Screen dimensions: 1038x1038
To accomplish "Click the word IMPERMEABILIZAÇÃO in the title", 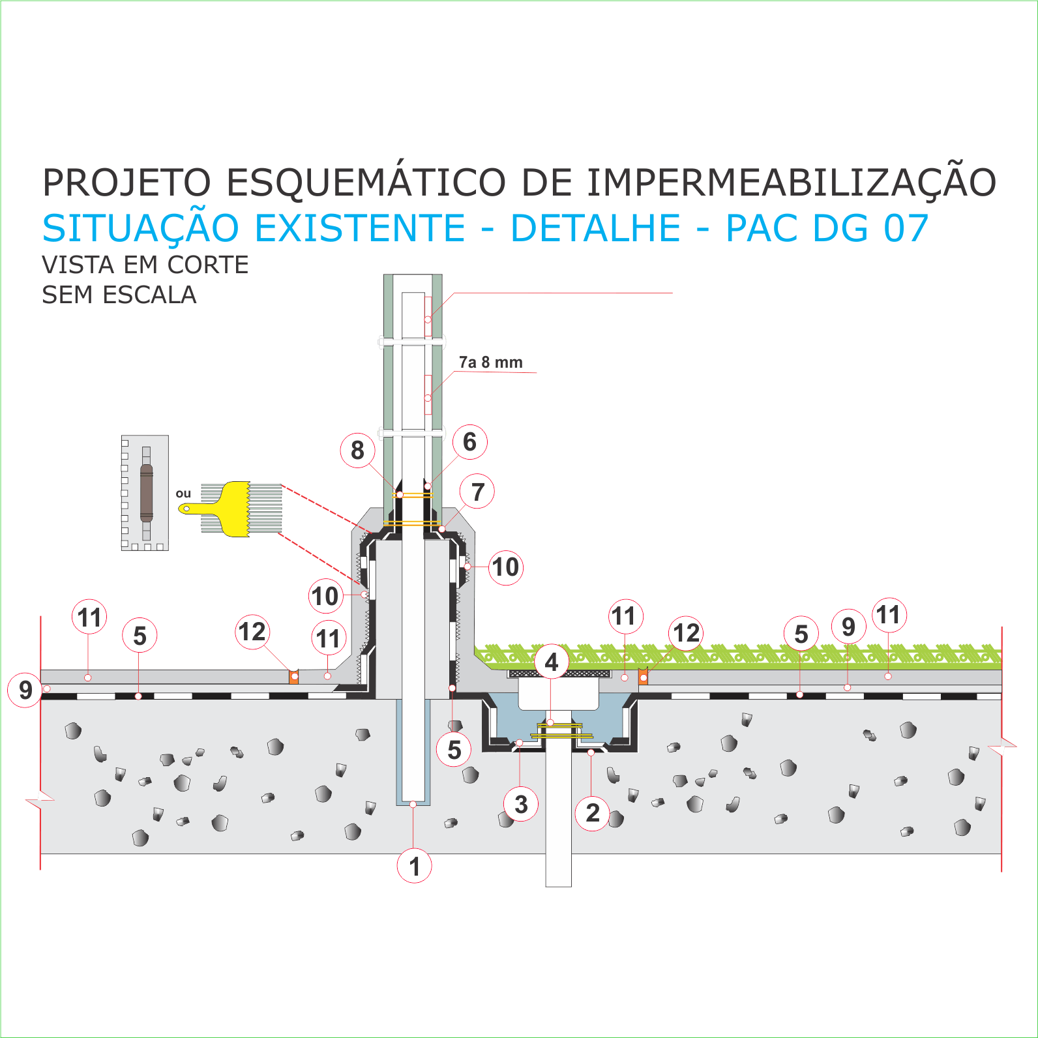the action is click(x=792, y=183).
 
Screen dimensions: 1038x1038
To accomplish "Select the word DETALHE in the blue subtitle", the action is click(x=596, y=228).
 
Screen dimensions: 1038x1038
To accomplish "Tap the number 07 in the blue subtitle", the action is click(x=906, y=228).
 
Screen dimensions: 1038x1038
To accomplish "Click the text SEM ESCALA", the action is click(x=119, y=295).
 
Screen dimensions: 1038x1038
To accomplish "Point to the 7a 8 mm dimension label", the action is click(x=491, y=363).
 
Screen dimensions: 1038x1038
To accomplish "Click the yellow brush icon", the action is click(x=231, y=509).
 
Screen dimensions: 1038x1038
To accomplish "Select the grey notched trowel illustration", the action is click(x=145, y=493).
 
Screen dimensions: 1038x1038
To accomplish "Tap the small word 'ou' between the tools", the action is click(x=183, y=494).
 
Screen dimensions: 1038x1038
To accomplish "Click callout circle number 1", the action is click(x=415, y=867).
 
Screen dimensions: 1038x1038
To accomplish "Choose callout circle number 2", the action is click(x=593, y=813).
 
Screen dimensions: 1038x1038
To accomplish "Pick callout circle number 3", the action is click(x=521, y=805).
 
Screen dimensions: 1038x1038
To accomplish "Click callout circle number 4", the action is click(x=552, y=662).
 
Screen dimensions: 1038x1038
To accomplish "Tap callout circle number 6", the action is click(x=470, y=442).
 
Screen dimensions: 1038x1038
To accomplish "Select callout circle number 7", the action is click(x=478, y=492).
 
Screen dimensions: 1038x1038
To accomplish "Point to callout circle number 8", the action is click(x=358, y=450).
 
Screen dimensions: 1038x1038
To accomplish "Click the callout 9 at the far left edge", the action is click(x=25, y=690).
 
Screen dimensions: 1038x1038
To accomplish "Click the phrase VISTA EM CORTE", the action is click(x=145, y=265).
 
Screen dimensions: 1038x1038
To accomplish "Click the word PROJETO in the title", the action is click(x=127, y=183).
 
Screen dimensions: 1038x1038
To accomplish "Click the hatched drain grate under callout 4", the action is click(x=559, y=674).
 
